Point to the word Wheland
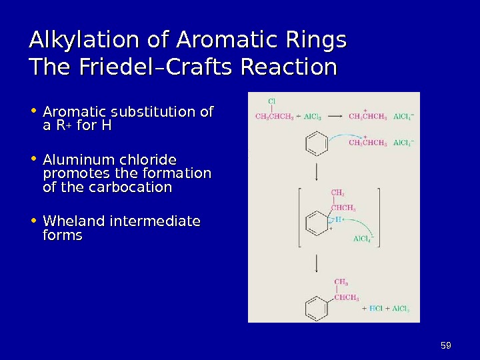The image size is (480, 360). pyautogui.click(x=73, y=221)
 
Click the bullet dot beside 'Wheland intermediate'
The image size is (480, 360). pyautogui.click(x=33, y=221)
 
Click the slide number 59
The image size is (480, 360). pyautogui.click(x=446, y=345)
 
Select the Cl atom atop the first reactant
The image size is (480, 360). pyautogui.click(x=272, y=101)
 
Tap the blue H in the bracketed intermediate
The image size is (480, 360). pyautogui.click(x=339, y=219)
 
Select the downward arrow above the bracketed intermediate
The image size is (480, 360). pyautogui.click(x=317, y=172)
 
